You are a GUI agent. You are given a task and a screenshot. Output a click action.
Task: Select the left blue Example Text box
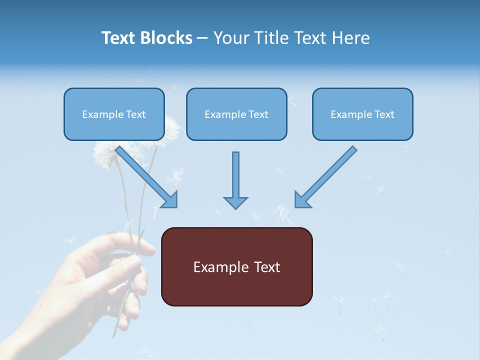[x=114, y=114]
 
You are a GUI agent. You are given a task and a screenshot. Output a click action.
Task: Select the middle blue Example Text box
[x=236, y=114]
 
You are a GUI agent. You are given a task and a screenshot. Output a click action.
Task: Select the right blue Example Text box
[x=362, y=114]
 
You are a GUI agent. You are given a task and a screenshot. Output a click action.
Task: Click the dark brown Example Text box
[x=236, y=267]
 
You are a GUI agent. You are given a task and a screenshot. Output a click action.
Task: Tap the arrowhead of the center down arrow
[x=235, y=202]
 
